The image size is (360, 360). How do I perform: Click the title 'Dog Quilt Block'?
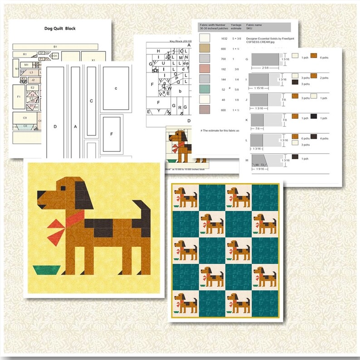coord(60,29)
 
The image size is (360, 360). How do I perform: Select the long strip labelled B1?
coord(55,46)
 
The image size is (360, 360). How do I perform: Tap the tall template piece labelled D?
coord(55,126)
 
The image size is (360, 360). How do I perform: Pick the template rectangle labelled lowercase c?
coord(116,88)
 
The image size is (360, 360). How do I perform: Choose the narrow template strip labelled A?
coord(75,126)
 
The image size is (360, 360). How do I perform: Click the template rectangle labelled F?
coord(112,134)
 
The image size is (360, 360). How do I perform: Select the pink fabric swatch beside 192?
coord(205,68)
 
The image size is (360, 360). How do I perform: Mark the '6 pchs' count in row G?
coord(325,58)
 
